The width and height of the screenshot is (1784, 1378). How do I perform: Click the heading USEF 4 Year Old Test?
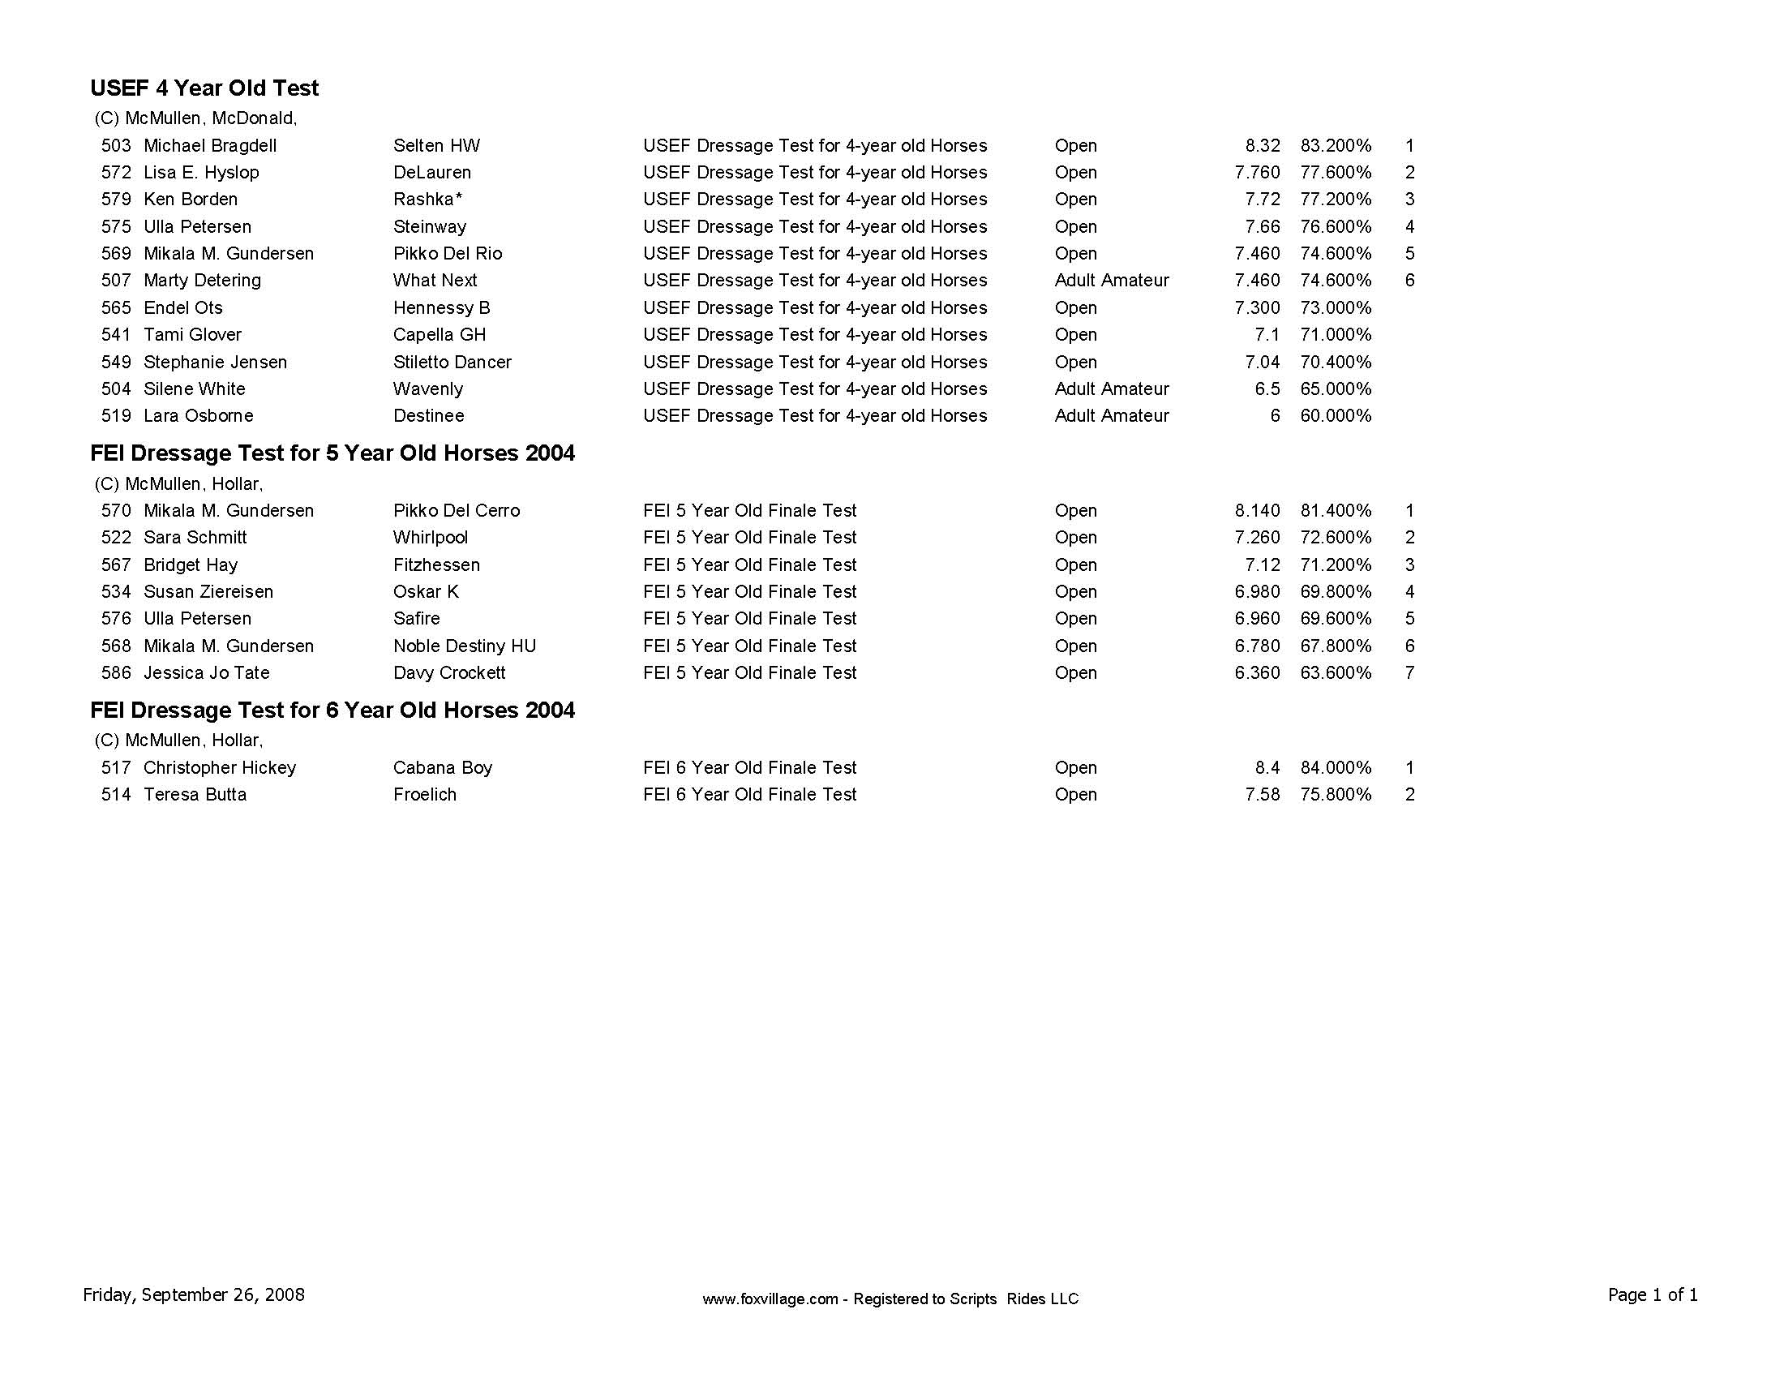tap(204, 88)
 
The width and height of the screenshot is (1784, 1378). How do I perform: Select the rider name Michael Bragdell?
tap(210, 146)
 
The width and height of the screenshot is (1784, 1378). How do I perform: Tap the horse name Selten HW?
tap(436, 146)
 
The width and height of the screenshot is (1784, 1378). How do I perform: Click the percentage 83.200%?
tap(1336, 146)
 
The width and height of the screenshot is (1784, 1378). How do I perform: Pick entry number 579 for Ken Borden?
tap(116, 200)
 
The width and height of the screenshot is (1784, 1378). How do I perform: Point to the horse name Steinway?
tap(430, 227)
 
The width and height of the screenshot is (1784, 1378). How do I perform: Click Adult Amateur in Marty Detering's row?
tap(1111, 281)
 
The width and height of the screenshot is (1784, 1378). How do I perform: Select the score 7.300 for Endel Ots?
tap(1257, 308)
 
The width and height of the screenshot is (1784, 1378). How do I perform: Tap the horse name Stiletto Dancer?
tap(452, 363)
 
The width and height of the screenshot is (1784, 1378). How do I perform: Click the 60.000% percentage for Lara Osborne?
tap(1336, 416)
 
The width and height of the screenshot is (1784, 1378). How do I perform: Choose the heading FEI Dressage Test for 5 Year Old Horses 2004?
tap(332, 453)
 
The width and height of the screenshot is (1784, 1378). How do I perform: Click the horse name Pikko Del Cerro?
tap(456, 511)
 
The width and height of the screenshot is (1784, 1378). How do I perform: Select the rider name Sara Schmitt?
tap(195, 538)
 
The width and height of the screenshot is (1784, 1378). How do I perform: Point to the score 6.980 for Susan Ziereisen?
tap(1257, 592)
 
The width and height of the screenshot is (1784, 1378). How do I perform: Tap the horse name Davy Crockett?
tap(449, 673)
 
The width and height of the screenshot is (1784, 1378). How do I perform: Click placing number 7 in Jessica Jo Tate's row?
tap(1409, 673)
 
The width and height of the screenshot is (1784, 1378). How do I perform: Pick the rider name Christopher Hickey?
tap(220, 768)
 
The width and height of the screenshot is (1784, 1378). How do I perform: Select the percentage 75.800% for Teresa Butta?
tap(1336, 795)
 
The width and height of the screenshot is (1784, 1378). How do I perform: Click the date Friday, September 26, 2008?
tap(194, 1294)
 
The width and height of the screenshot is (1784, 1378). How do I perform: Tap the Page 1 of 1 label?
tap(1653, 1294)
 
